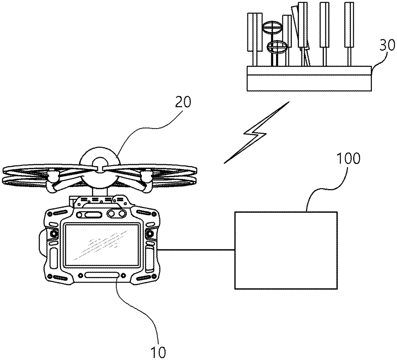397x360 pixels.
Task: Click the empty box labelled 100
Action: (x=286, y=251)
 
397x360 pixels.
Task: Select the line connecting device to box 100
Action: (x=196, y=250)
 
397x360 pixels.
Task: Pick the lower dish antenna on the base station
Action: (x=277, y=47)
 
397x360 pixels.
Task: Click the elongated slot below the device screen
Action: (x=102, y=275)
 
